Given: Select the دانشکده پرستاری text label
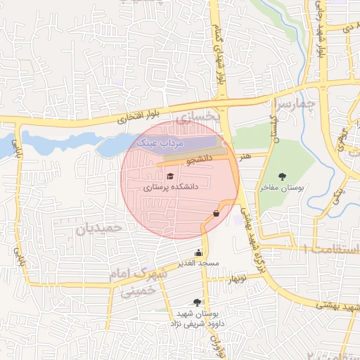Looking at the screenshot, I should point(171,188).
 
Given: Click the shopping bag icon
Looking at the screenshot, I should point(216,212).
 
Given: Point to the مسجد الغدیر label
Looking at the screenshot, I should point(199,263).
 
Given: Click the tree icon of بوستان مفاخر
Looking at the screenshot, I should point(282,176).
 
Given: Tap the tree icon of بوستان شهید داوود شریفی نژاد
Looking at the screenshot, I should point(197,302).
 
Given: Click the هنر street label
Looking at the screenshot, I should point(244,155).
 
